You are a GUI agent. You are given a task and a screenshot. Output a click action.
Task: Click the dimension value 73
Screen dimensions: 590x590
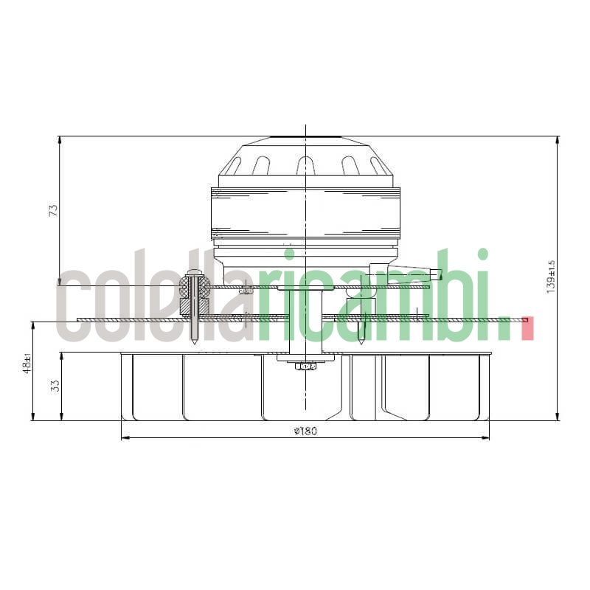pos(53,210)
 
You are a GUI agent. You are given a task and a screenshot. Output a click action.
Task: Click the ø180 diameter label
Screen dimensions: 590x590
pos(305,431)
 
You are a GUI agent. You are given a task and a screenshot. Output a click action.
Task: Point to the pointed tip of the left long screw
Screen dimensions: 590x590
pos(193,342)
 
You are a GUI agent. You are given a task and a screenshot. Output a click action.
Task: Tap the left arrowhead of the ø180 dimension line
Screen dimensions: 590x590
pos(123,438)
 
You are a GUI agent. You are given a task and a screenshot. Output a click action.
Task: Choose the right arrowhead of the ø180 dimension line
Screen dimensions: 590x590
pos(486,438)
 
